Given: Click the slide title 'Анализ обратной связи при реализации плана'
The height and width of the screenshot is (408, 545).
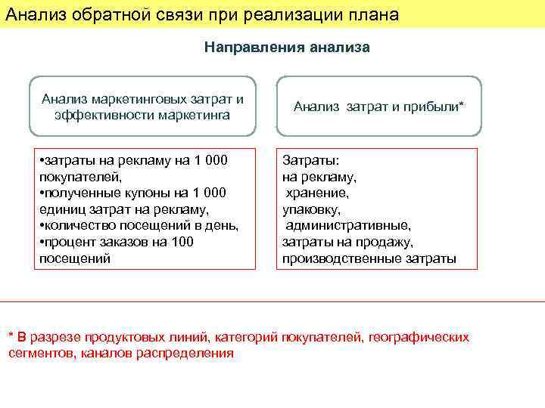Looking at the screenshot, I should tap(201, 14).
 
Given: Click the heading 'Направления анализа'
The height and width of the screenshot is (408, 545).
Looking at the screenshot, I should tap(287, 48).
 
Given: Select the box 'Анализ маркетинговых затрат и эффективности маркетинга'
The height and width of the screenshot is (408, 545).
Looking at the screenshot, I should tap(143, 107).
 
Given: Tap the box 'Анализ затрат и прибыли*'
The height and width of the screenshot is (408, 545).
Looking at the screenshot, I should tap(378, 107).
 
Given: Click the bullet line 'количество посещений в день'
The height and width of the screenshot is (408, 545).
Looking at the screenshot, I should tap(140, 226).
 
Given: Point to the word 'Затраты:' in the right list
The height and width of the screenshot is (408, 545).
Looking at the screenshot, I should tap(310, 161).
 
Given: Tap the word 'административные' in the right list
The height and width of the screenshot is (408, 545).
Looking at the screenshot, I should tap(348, 226).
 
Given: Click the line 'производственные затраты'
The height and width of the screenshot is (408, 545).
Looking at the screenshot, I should tap(369, 258).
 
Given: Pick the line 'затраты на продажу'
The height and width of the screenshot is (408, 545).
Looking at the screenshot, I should tap(347, 242).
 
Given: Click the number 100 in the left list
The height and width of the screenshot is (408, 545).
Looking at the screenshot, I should tap(182, 242).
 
